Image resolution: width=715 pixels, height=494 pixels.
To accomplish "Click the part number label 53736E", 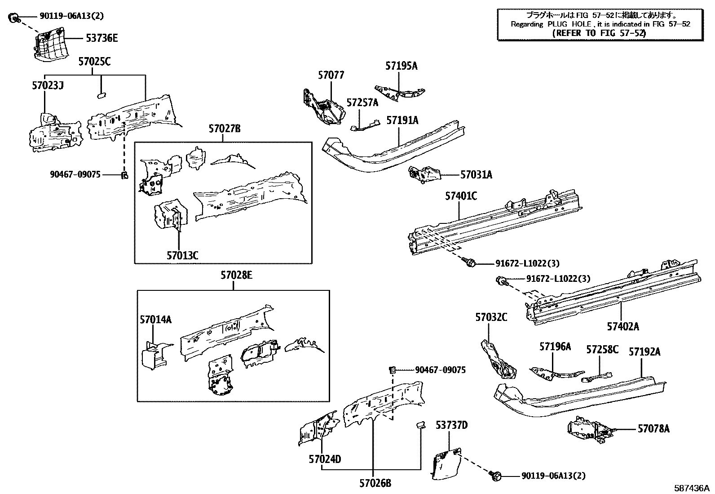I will (102, 39).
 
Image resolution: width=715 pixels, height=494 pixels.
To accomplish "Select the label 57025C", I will (94, 62).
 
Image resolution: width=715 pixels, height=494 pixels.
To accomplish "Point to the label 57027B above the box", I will (224, 129).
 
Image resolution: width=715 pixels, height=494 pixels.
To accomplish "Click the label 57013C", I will (182, 256).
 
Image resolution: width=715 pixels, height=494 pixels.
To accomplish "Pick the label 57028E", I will (236, 275).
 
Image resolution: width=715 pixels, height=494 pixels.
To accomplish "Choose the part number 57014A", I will (155, 320).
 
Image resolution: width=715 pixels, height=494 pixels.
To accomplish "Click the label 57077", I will (331, 75).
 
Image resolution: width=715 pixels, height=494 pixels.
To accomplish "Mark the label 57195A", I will (401, 66).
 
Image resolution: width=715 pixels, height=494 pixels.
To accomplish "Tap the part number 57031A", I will (476, 175).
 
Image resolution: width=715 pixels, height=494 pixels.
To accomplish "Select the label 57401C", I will (461, 196).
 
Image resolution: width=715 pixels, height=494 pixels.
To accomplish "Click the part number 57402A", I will (623, 327).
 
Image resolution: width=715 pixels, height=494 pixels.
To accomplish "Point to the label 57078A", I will (653, 429).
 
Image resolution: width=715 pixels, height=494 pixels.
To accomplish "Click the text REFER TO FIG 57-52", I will (600, 33).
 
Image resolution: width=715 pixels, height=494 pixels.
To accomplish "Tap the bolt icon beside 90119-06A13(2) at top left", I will (14, 18).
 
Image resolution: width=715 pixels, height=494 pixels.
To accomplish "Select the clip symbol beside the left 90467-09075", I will (124, 174).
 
